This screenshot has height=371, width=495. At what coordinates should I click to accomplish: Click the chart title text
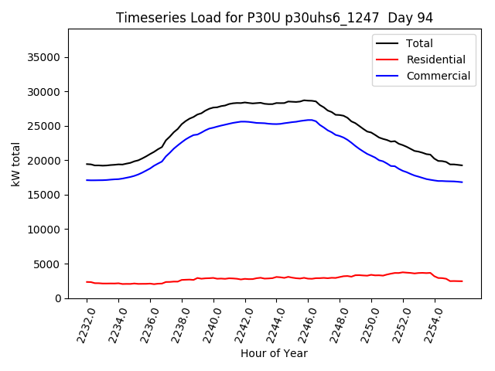click(275, 18)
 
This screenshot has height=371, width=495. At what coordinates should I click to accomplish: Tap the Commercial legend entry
click(438, 76)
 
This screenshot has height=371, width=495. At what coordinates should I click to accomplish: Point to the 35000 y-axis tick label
click(45, 57)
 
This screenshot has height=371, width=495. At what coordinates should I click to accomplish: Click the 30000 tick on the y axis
click(45, 92)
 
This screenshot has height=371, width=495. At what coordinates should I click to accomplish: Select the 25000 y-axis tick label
click(45, 126)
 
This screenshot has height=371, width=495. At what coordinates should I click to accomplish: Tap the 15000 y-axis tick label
click(45, 195)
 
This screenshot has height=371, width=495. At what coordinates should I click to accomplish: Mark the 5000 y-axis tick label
click(48, 264)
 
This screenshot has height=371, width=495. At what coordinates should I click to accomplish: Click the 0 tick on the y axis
click(58, 298)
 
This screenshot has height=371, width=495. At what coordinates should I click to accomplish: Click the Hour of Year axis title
click(274, 354)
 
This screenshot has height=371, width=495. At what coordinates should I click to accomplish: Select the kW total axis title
click(16, 164)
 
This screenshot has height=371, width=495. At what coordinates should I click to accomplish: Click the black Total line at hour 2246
click(309, 100)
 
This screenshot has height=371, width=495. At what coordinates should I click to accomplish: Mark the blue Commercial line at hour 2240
click(213, 127)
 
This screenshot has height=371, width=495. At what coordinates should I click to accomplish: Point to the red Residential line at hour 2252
click(403, 272)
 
